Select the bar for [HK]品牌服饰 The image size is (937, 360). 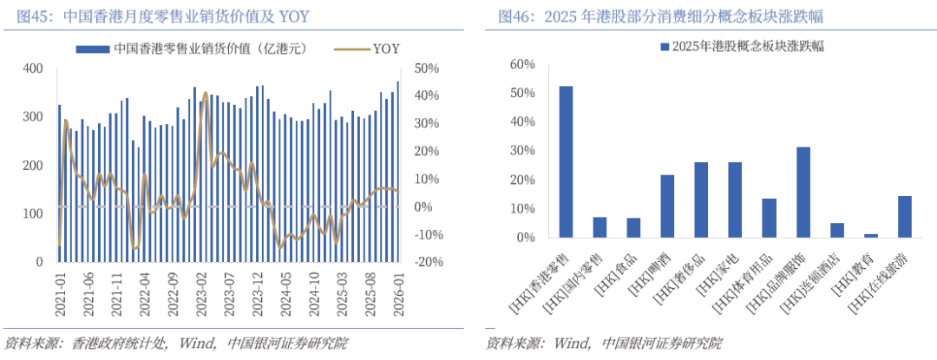[803, 193]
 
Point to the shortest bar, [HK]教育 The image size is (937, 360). [871, 235]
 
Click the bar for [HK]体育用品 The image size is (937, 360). [770, 218]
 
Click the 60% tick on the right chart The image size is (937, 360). [524, 64]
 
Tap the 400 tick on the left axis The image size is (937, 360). [33, 69]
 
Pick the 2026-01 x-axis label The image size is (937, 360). [399, 293]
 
